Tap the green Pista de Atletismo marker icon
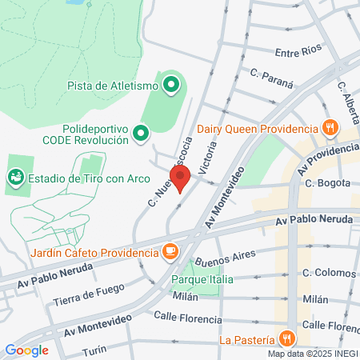tap(170, 84)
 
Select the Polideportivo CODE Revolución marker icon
tap(142, 134)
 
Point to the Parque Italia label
tap(202, 279)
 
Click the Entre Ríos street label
tap(298, 53)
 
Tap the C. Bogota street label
tap(327, 183)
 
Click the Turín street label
tap(94, 351)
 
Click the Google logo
tap(26, 350)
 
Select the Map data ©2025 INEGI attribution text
tap(313, 354)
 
